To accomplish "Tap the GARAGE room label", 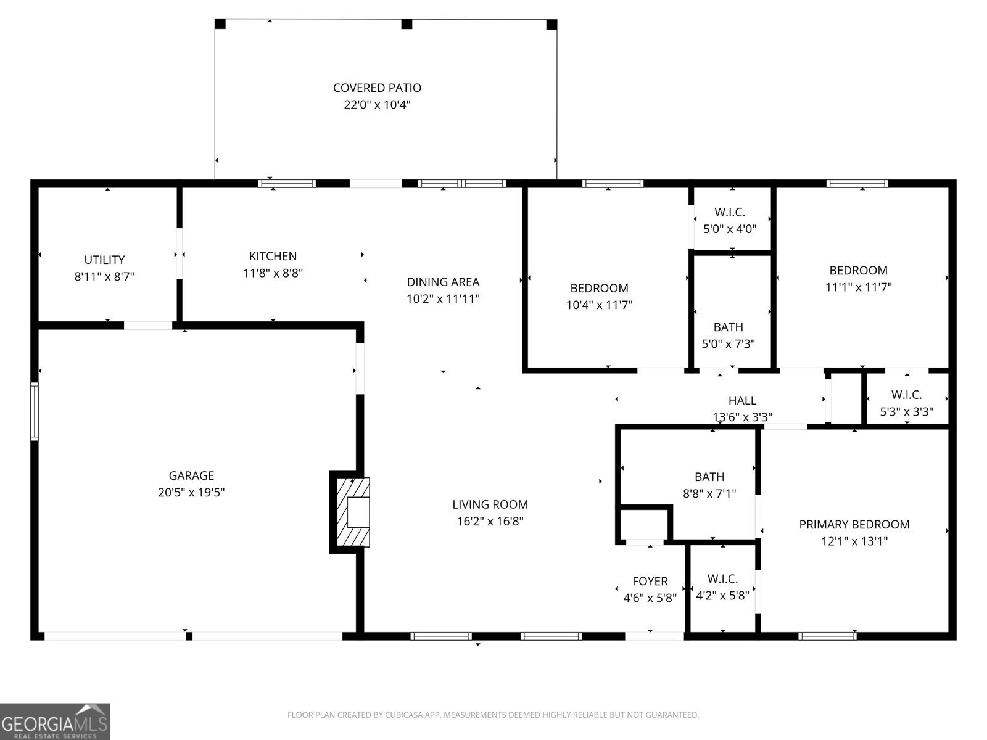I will (191, 475).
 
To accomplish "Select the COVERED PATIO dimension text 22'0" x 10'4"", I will (377, 105).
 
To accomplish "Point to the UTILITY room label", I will (104, 260).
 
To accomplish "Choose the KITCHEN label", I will (273, 256).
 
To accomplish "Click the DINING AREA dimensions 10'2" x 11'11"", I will (443, 299).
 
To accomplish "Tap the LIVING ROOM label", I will (490, 504).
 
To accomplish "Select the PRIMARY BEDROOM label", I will (854, 524).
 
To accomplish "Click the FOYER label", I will (650, 581).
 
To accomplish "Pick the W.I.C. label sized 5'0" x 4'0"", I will (730, 212).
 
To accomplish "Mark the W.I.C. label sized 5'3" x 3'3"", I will (906, 395).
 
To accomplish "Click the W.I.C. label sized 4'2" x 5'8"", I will (722, 578).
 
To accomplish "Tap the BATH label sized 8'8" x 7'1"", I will (709, 477).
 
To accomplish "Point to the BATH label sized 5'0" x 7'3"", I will (728, 327).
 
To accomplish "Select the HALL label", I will (742, 401).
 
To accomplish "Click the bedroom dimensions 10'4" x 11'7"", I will (599, 305).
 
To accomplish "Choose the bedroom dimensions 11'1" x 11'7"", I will (858, 287).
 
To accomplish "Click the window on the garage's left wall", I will (35, 411).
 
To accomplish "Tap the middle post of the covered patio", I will (407, 24).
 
